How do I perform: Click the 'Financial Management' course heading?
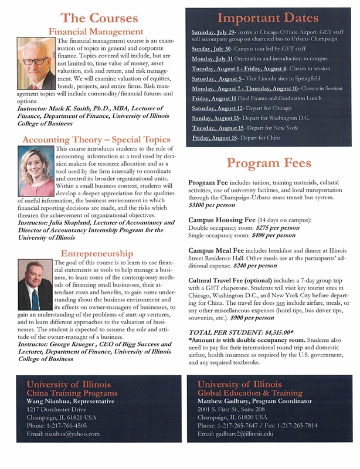(x=96, y=30)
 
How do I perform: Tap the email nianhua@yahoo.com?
(x=63, y=434)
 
